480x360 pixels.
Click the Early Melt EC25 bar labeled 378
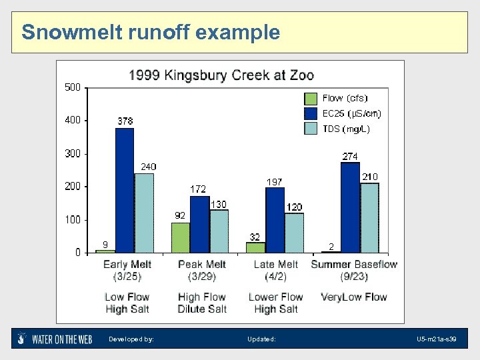124,190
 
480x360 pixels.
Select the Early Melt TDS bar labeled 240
144,213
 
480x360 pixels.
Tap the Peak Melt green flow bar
181,237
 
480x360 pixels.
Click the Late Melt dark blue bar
275,220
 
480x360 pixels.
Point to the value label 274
350,156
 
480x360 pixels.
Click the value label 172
198,189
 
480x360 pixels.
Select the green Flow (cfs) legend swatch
311,98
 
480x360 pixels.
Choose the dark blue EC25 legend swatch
311,113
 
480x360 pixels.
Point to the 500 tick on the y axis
73,87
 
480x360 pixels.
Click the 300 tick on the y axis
73,153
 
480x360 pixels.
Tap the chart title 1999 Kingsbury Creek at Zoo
221,75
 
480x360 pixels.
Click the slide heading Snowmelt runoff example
151,31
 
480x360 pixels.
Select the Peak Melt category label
202,265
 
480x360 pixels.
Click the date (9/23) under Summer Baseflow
354,276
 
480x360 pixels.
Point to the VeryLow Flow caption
354,297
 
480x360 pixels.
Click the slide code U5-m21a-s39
437,339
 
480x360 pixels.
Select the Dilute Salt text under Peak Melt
202,309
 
